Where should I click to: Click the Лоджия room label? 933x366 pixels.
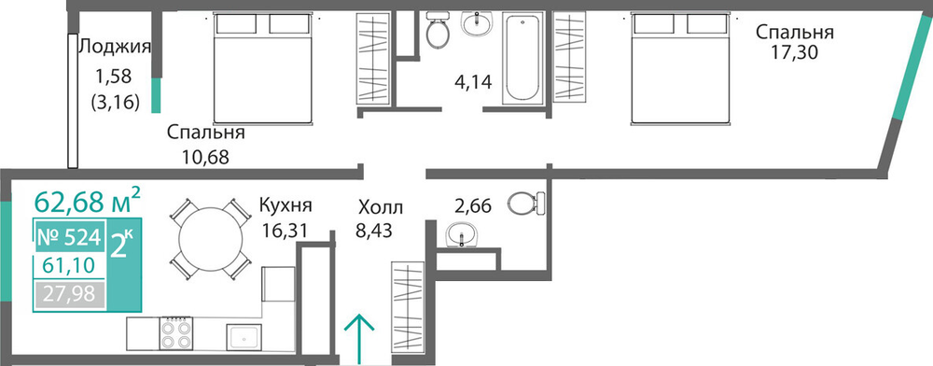[114, 47]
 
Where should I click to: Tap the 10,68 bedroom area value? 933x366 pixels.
[204, 158]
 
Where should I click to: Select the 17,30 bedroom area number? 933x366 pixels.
[795, 53]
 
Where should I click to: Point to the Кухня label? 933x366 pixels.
[285, 206]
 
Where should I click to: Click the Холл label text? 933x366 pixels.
[381, 207]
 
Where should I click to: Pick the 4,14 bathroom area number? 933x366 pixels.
[472, 81]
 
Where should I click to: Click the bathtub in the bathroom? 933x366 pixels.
[522, 58]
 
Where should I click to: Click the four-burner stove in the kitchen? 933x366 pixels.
[176, 333]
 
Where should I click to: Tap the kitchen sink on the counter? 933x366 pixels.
[244, 338]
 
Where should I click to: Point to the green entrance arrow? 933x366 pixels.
[360, 338]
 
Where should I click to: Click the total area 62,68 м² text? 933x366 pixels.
[88, 201]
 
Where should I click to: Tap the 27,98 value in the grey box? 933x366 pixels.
[68, 294]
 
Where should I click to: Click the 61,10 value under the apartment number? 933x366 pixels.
[68, 265]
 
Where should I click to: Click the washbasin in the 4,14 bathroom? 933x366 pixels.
[477, 24]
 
